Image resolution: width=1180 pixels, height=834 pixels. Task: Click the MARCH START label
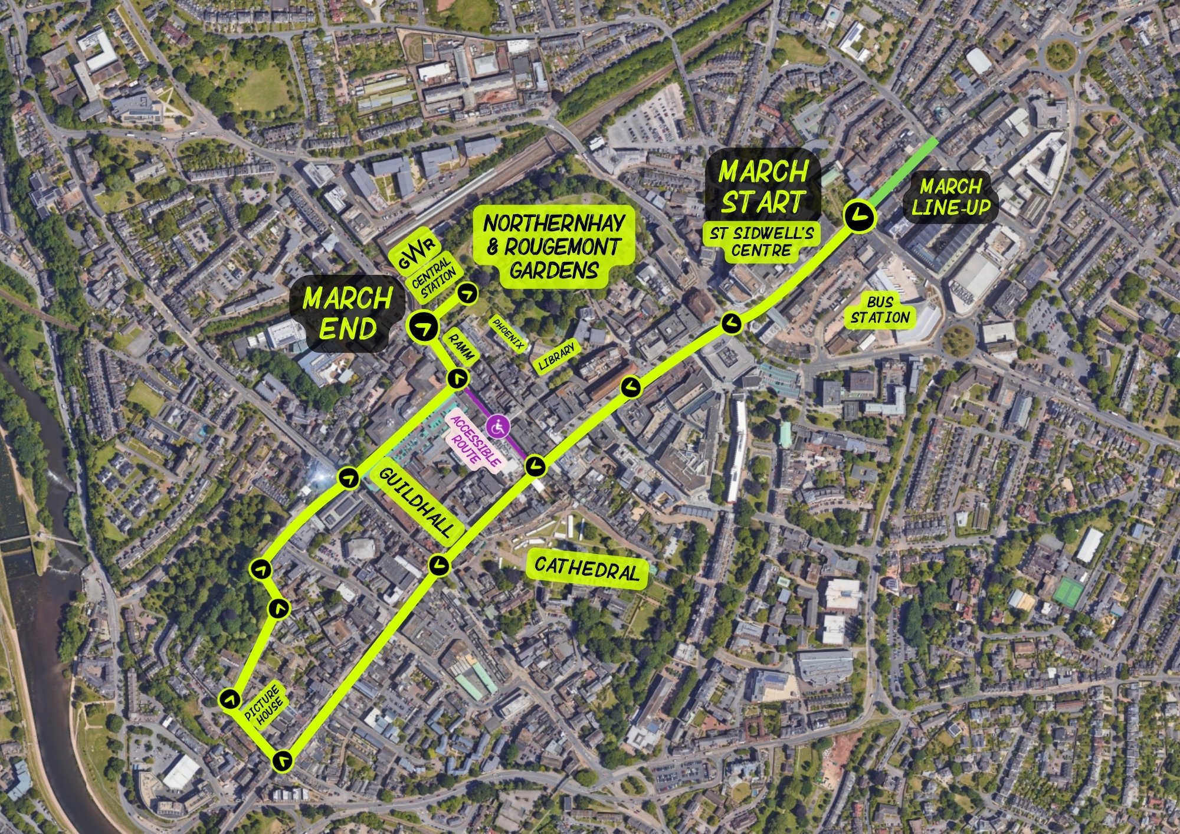click(762, 187)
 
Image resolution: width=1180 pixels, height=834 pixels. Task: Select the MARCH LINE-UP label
click(950, 197)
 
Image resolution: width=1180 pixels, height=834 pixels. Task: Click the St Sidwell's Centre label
click(761, 242)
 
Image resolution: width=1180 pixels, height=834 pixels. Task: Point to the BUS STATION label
click(880, 310)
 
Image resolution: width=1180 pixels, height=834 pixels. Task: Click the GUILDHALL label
click(417, 502)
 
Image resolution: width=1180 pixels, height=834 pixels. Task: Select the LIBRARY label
click(556, 357)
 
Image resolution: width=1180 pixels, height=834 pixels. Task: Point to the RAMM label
click(458, 348)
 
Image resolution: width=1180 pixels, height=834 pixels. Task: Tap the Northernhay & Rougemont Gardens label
click(553, 247)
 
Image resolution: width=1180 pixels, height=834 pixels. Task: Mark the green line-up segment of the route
click(903, 170)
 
